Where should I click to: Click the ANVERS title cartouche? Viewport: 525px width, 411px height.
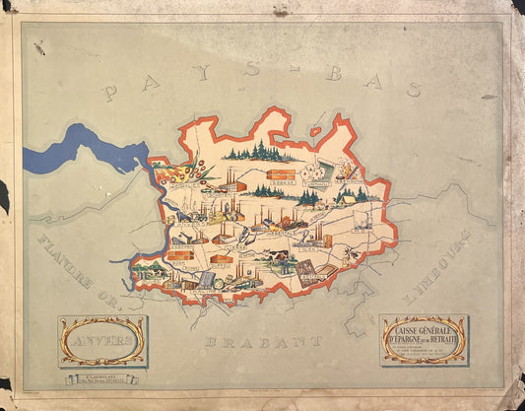point(102,340)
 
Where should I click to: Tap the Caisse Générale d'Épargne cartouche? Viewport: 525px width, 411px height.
point(424,339)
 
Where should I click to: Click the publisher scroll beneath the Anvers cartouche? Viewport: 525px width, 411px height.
point(101,377)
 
